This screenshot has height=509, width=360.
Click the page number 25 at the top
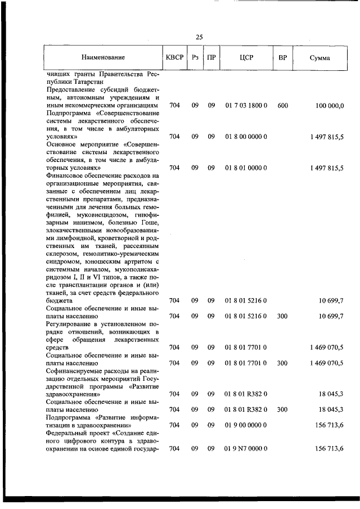click(199, 37)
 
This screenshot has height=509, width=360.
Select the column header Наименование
click(103, 57)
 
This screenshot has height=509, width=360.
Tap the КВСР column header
click(174, 57)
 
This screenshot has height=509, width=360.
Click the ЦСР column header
click(246, 57)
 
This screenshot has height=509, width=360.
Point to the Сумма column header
click(319, 58)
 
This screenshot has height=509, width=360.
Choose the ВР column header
click(283, 57)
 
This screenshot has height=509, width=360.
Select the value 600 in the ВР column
click(283, 105)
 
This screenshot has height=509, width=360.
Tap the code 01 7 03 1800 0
click(246, 105)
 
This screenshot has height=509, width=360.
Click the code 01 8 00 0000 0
click(246, 137)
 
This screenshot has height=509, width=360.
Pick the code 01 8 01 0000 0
click(246, 168)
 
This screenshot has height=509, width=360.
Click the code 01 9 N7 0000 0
click(246, 448)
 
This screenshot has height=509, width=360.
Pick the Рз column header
click(195, 57)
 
